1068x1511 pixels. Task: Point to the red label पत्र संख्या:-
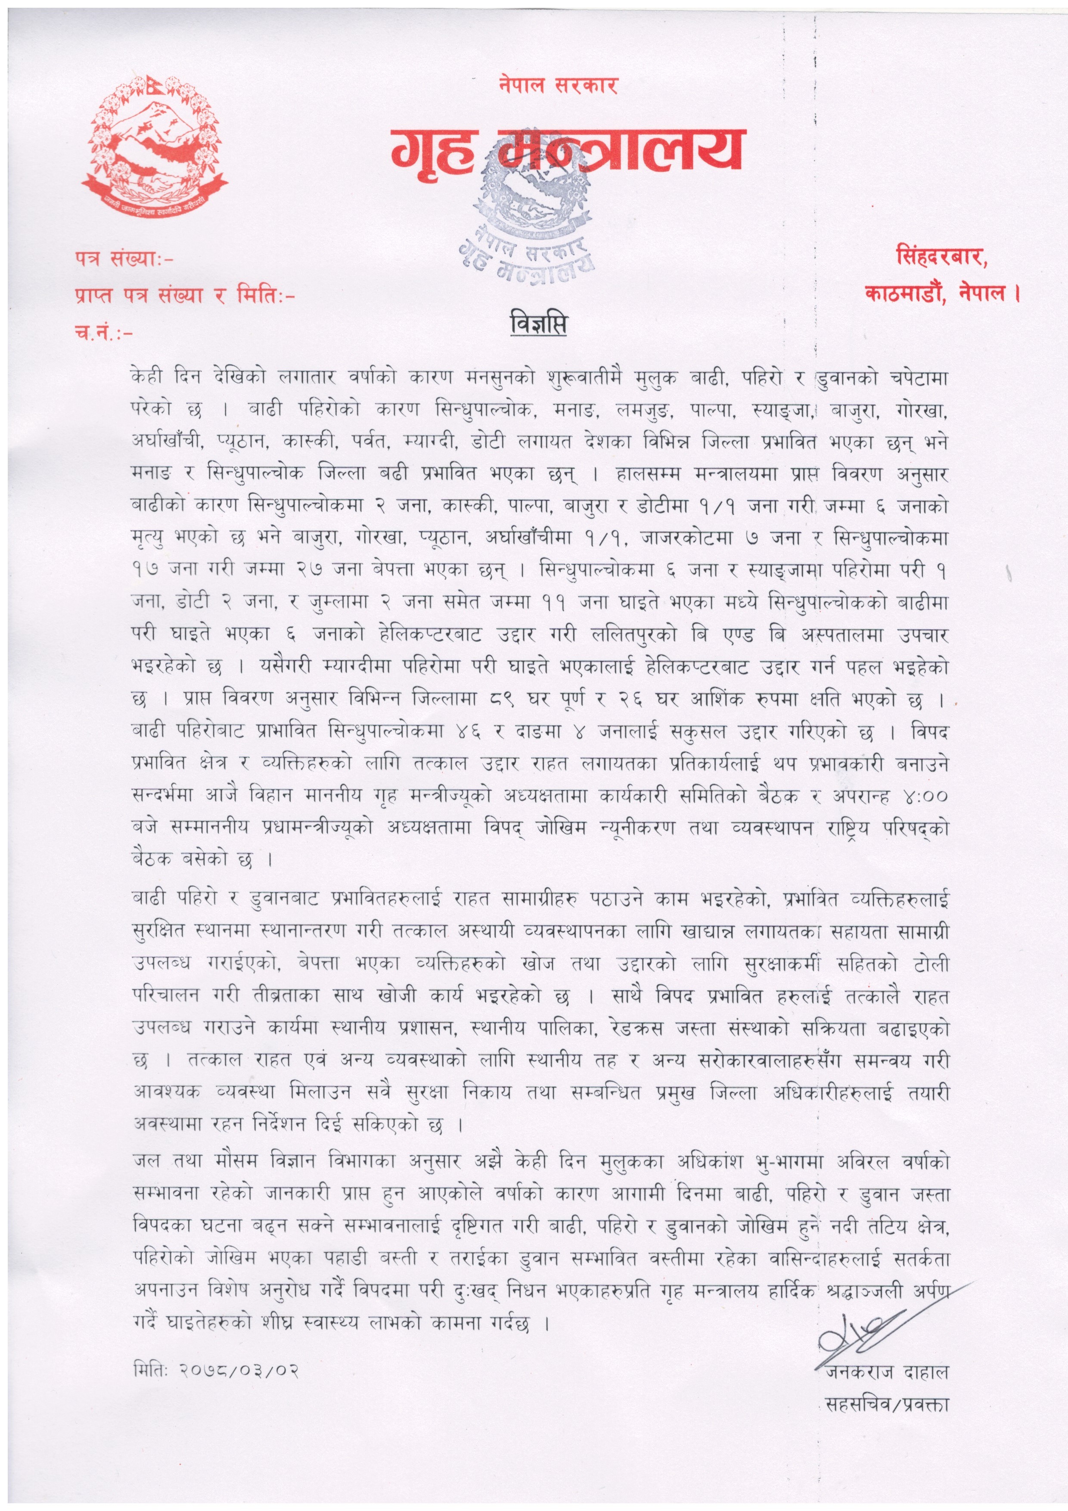[125, 259]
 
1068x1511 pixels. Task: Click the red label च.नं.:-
[104, 333]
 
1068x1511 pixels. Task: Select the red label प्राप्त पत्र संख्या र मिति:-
[185, 296]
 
